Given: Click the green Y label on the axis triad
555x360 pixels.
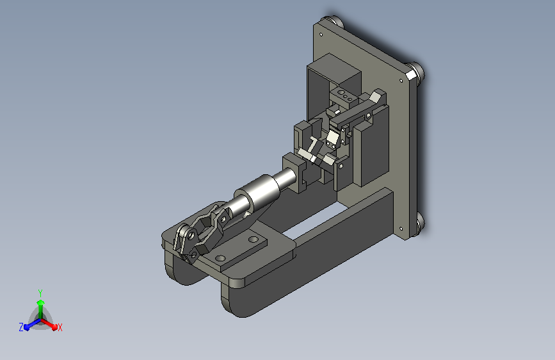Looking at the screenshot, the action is point(40,293).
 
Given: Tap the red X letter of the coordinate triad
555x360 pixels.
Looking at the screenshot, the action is point(60,327).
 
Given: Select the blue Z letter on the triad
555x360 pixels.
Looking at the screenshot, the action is point(21,327).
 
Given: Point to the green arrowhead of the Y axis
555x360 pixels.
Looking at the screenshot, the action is point(41,302).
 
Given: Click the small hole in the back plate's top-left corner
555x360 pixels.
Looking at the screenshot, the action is point(321,35).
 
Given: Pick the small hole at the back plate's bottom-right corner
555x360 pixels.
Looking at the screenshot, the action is point(401,229).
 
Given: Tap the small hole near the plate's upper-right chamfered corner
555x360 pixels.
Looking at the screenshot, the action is point(401,81).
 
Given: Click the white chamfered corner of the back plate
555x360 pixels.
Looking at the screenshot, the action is point(410,75).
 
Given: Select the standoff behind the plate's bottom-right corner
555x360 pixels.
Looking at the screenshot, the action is point(421,223).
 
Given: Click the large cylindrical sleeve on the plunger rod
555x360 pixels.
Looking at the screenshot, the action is point(258,191).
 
